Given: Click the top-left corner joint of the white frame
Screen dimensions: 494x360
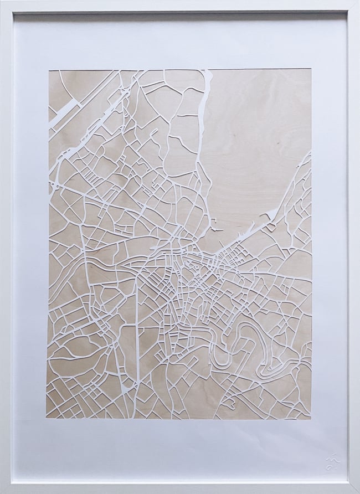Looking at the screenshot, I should tap(4, 4).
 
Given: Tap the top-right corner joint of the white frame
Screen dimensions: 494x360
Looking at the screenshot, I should tap(356, 4).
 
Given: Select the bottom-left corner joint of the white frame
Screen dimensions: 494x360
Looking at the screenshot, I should tap(4, 490).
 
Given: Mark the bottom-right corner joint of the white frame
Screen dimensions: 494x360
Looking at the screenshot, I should tap(356, 490).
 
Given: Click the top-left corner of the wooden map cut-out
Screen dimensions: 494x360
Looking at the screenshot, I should tap(49, 70).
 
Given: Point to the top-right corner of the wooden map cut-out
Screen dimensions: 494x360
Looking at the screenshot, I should tap(311, 70).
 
